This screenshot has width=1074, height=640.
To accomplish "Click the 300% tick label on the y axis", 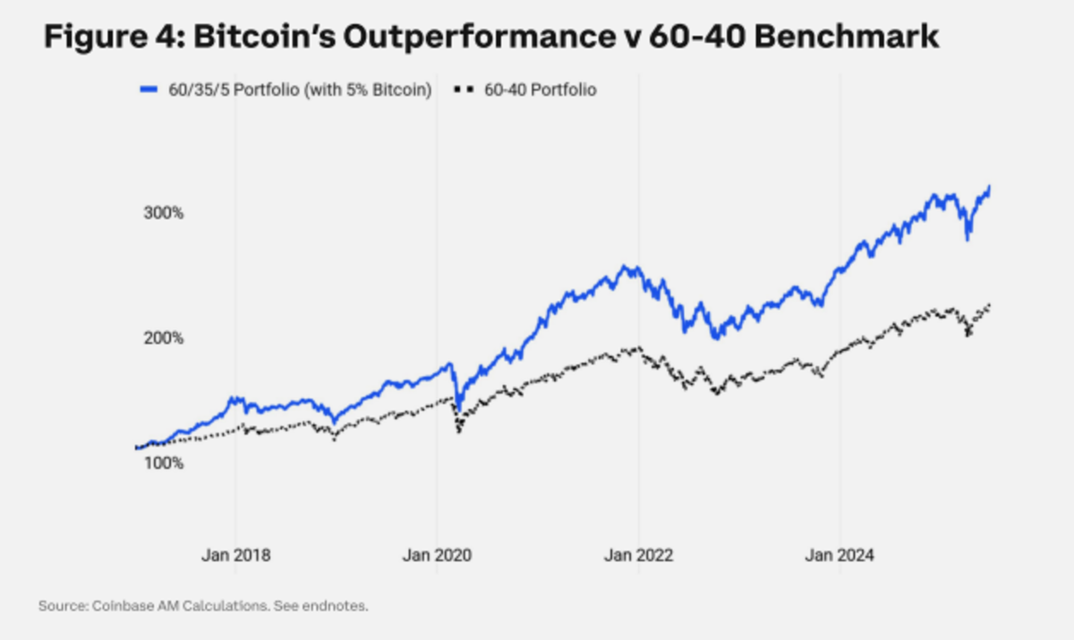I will click(x=165, y=214).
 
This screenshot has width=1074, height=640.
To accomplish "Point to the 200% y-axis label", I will click(x=165, y=338).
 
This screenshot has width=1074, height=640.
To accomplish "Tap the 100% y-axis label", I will click(x=165, y=464).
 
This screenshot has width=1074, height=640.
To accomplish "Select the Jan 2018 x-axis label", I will click(x=235, y=555).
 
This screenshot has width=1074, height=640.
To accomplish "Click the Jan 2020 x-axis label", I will click(x=437, y=555).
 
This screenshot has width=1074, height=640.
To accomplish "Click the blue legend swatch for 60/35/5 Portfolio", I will click(x=149, y=90).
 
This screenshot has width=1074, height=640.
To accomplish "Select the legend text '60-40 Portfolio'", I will click(x=539, y=90).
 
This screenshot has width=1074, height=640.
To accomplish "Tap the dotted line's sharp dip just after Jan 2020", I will click(x=459, y=432).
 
